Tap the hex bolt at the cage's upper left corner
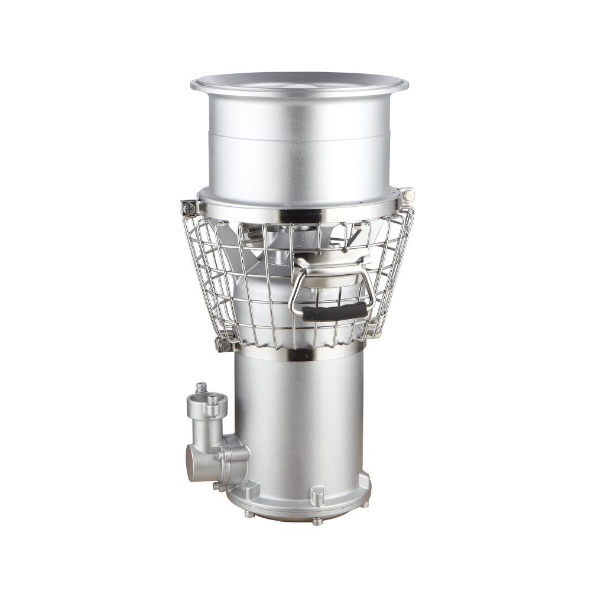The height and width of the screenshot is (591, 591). click(x=189, y=206)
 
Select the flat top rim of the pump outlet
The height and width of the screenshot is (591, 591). click(x=299, y=83)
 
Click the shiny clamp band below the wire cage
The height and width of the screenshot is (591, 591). click(x=295, y=353)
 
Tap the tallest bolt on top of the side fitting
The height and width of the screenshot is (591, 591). click(x=202, y=388)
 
